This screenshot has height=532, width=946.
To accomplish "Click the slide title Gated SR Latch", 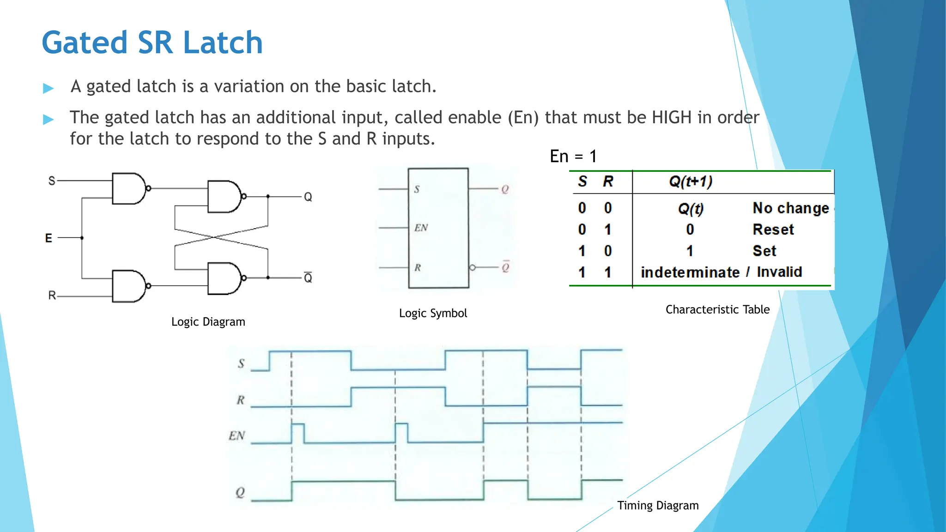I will [x=152, y=42].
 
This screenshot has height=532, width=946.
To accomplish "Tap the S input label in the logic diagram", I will [x=52, y=181].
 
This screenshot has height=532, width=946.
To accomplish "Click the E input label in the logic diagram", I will [x=49, y=238].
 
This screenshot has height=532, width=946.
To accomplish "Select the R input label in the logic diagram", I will [x=52, y=295].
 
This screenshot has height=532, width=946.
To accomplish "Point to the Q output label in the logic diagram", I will [x=308, y=197].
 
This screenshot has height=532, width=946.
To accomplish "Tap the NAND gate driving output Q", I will [x=224, y=197].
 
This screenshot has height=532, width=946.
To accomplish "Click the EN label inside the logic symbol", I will [x=421, y=228].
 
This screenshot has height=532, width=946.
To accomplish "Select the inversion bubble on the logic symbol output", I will [x=472, y=268].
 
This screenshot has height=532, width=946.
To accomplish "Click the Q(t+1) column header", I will [x=691, y=181].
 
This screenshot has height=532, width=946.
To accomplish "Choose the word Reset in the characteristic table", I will [x=773, y=230].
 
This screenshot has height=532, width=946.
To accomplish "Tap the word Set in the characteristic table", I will [x=764, y=251].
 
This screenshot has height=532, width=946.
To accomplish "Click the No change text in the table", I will [x=791, y=208].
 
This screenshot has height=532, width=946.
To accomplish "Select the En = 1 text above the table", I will [x=573, y=157].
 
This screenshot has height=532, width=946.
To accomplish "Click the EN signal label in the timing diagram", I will [x=237, y=435].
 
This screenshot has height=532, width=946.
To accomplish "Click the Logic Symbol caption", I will [x=433, y=313].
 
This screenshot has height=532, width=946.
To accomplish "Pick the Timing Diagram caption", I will [x=658, y=505].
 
